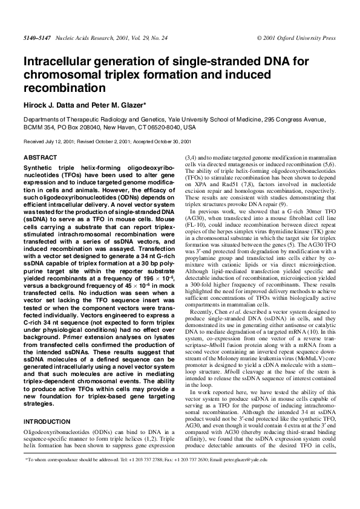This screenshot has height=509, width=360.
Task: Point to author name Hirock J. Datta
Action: click(x=50, y=105)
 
